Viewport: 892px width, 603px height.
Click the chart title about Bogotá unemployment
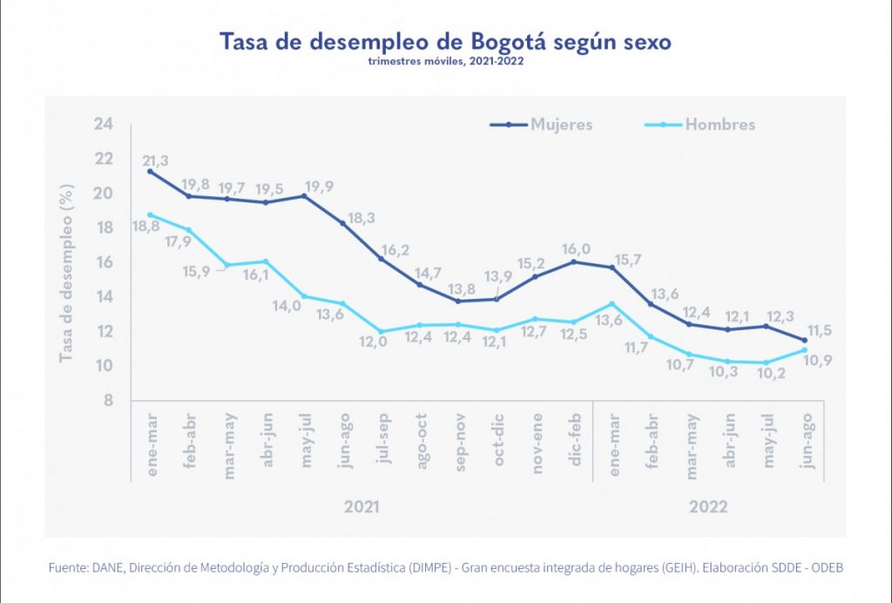(x=445, y=42)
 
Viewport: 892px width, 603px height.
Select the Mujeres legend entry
(x=561, y=125)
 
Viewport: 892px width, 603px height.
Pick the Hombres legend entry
(x=720, y=125)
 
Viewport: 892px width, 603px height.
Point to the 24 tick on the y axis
(x=104, y=125)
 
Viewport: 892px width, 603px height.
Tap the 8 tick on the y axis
(x=107, y=401)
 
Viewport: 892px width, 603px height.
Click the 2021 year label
(x=362, y=506)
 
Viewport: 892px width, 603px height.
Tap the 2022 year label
(x=708, y=506)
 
